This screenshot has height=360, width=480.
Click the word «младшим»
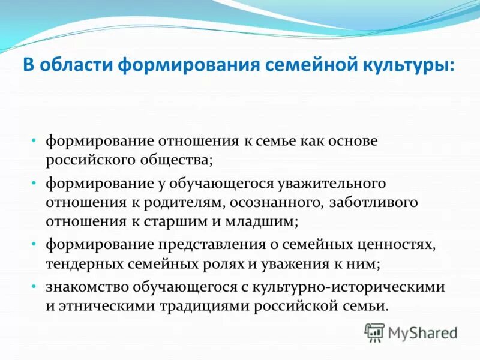coord(259,221)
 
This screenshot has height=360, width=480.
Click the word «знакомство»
coord(83,286)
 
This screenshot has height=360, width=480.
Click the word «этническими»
coord(106,305)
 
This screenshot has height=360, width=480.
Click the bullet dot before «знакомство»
coord(35,286)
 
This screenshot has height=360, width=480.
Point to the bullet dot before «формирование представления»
coord(35,244)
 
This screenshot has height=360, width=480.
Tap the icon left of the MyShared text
coord(375,331)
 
